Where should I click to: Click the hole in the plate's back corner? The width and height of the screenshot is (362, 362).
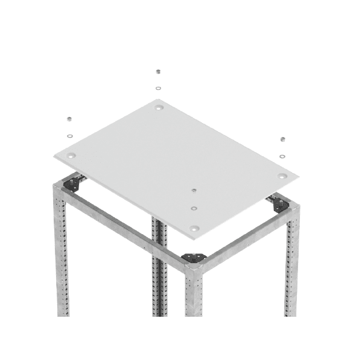click(159, 109)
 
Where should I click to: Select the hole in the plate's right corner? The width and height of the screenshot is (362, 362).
click(283, 176)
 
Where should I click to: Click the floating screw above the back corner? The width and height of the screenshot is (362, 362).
click(158, 71)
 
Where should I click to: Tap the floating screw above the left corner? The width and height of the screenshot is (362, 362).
click(70, 118)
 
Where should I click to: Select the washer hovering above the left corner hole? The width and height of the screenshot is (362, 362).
click(70, 136)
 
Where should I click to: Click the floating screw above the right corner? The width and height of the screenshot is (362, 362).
click(282, 138)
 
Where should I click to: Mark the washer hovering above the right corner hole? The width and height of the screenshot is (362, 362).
click(282, 156)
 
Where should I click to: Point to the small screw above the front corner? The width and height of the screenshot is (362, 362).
click(193, 189)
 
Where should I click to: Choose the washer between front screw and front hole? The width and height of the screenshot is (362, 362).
click(194, 208)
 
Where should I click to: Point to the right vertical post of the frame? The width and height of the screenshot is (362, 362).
click(292, 265)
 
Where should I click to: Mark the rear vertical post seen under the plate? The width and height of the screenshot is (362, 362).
click(158, 265)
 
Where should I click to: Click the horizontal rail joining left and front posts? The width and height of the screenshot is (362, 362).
click(127, 223)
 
